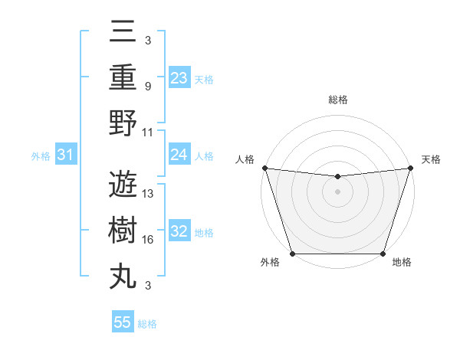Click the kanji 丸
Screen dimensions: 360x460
123,276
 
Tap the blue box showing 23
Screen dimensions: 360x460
179,77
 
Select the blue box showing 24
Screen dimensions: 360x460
179,155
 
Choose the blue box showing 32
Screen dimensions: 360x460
179,231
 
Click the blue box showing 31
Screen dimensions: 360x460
66,155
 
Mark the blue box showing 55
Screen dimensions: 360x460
123,322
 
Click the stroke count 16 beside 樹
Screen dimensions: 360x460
149,240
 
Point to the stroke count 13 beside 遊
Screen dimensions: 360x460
149,194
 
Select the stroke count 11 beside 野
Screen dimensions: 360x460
149,132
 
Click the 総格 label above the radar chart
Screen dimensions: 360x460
337,100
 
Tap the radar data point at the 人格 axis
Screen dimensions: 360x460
264,168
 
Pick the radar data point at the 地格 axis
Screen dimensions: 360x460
383,254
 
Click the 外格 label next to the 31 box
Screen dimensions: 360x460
41,155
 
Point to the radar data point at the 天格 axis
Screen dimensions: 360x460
411,168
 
